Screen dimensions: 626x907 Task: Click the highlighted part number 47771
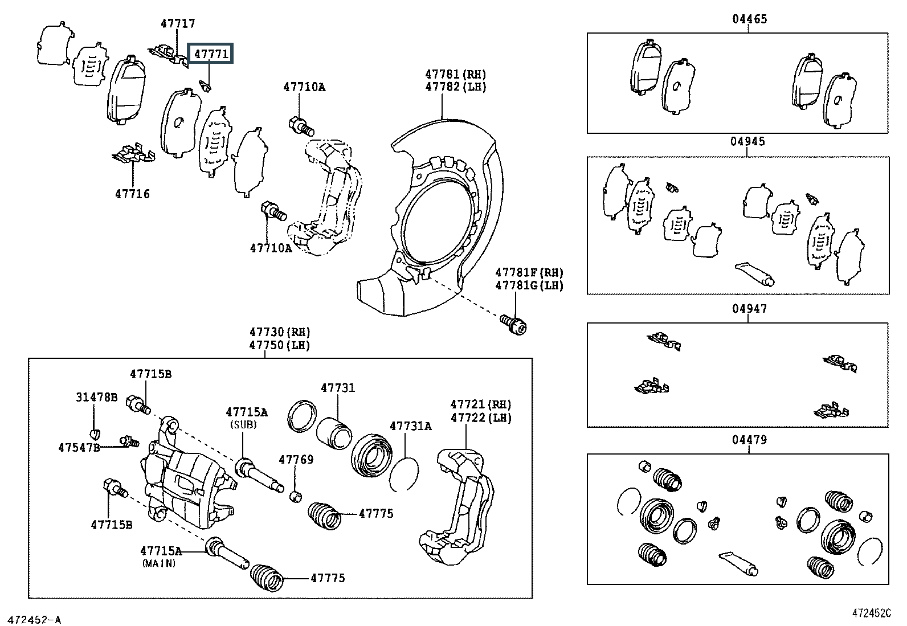tap(211, 55)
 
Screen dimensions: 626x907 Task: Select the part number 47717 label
tap(178, 24)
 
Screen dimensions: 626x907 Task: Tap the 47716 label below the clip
tap(132, 194)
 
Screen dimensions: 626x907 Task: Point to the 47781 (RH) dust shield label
tap(455, 74)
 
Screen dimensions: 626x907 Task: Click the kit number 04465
tap(750, 19)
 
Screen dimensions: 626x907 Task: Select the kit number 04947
tap(750, 309)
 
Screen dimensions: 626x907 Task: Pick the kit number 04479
tap(750, 440)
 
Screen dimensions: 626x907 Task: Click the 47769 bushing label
tap(296, 460)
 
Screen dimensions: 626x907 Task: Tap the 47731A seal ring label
tap(410, 426)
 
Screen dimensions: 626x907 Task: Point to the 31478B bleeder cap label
tap(97, 397)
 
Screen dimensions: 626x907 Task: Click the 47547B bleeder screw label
tap(79, 447)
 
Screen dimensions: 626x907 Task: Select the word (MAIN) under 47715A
tap(159, 563)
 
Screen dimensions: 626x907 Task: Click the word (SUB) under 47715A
tap(244, 424)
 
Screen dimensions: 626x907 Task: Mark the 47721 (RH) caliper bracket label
tap(481, 404)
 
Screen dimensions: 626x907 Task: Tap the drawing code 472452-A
tap(34, 619)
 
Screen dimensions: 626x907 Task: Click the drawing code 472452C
tap(871, 613)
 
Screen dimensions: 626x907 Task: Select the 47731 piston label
tap(337, 388)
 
